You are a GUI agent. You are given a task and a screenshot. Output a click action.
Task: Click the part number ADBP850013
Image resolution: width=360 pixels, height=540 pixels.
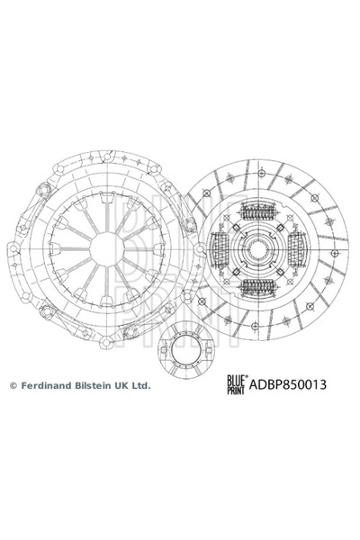point(287,384)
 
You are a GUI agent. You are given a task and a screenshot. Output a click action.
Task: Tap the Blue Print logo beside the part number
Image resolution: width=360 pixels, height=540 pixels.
point(236,384)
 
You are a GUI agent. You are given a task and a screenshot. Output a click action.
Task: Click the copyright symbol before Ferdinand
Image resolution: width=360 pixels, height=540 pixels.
point(13,385)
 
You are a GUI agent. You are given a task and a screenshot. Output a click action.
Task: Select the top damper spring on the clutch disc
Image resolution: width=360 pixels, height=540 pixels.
point(259,211)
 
